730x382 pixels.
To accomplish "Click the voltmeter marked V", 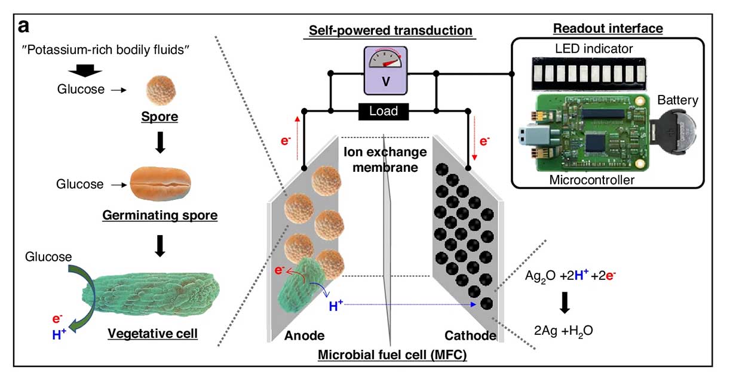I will pyautogui.click(x=385, y=70).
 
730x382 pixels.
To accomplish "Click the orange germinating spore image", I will pyautogui.click(x=160, y=183).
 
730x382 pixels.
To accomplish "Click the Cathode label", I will pyautogui.click(x=470, y=335).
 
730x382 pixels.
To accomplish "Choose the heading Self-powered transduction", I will pyautogui.click(x=391, y=30).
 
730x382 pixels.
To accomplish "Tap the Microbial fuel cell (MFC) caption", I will pyautogui.click(x=392, y=355).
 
